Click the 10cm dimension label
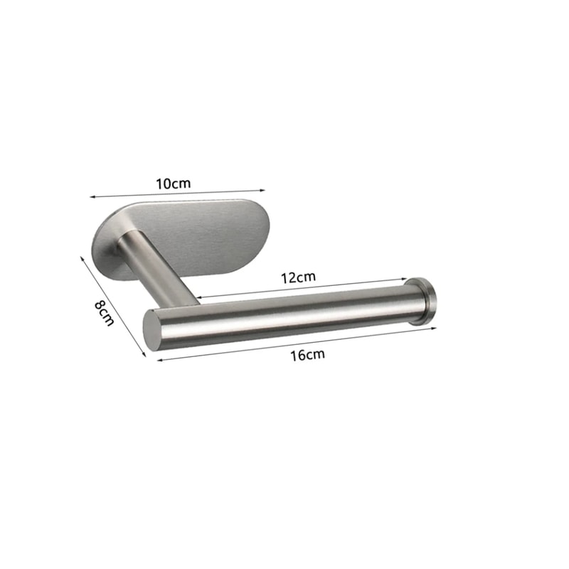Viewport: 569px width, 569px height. point(174,183)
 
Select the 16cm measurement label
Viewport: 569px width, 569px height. point(307,354)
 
